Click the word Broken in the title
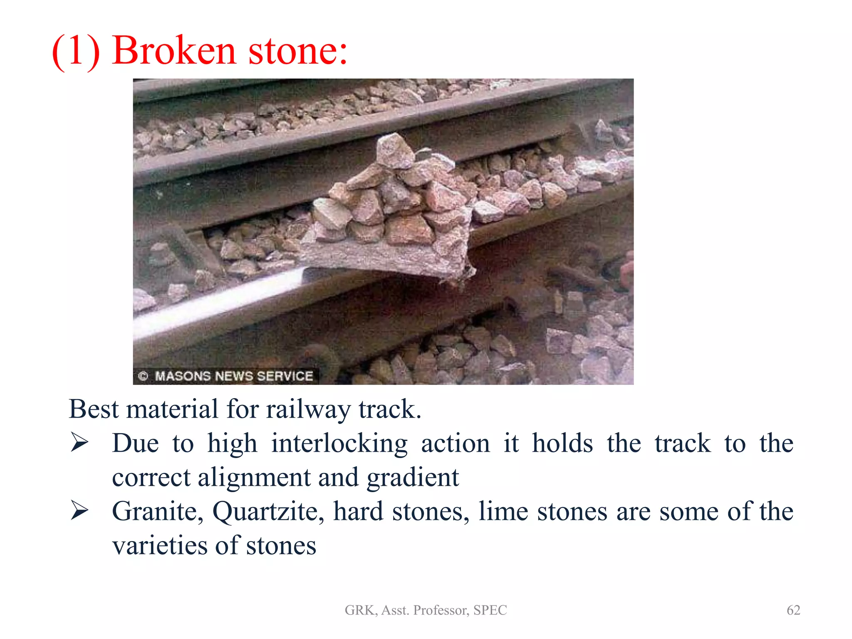tap(174, 51)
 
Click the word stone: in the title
tap(297, 51)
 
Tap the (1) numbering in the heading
tap(76, 51)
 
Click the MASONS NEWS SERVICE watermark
tap(234, 376)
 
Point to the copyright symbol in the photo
tap(143, 376)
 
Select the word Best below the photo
tap(94, 409)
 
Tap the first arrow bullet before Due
tap(79, 442)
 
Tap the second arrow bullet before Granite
tap(79, 510)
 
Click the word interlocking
tap(339, 443)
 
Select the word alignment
tap(254, 477)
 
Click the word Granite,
tap(158, 511)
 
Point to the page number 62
tap(793, 610)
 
